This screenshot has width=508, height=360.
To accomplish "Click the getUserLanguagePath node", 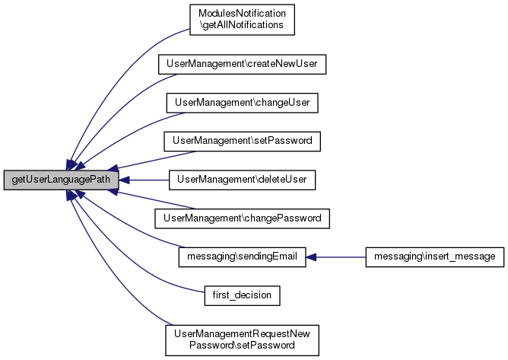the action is [x=62, y=180].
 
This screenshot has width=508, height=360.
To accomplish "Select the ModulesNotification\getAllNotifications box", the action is [x=242, y=20].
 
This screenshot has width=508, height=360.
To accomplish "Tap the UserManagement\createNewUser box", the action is [x=242, y=64].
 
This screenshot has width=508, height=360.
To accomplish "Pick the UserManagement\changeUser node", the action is [x=242, y=103].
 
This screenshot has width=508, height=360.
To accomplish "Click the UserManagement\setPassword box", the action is [x=242, y=141].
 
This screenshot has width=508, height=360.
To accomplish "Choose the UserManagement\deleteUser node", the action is [x=242, y=180].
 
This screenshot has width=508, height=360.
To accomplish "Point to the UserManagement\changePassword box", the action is [x=242, y=218].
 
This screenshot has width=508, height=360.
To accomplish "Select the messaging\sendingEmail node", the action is [x=242, y=256].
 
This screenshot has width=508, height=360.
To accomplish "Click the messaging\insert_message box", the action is [x=435, y=256].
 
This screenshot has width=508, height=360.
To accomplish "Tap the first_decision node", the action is [x=242, y=295].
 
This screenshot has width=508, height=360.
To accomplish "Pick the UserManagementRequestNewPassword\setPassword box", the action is [x=242, y=340].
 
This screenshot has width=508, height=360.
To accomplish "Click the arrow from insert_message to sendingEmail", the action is [x=335, y=257].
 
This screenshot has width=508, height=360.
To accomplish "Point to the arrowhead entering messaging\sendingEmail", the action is [x=311, y=257].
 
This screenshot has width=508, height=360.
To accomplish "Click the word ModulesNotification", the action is [x=242, y=14].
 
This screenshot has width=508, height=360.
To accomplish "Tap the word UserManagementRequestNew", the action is [x=242, y=334].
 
